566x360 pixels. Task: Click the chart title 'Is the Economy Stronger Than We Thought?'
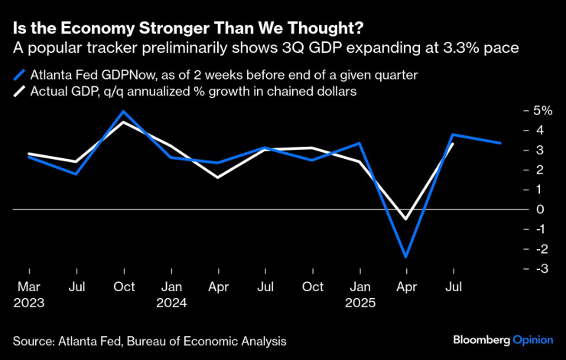click(188, 29)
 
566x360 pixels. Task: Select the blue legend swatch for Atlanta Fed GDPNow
click(19, 76)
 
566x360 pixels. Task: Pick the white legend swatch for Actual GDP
click(19, 92)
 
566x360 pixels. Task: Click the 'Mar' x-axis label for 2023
click(29, 287)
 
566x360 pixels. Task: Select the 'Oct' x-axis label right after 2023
click(124, 287)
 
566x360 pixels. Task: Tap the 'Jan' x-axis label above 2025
click(359, 287)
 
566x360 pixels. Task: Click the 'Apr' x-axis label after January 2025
click(406, 287)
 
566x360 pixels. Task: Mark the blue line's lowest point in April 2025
click(406, 257)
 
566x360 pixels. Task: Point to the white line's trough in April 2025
click(406, 219)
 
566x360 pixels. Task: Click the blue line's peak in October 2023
click(123, 112)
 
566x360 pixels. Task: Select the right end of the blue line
click(501, 143)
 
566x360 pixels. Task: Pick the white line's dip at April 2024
click(218, 177)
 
